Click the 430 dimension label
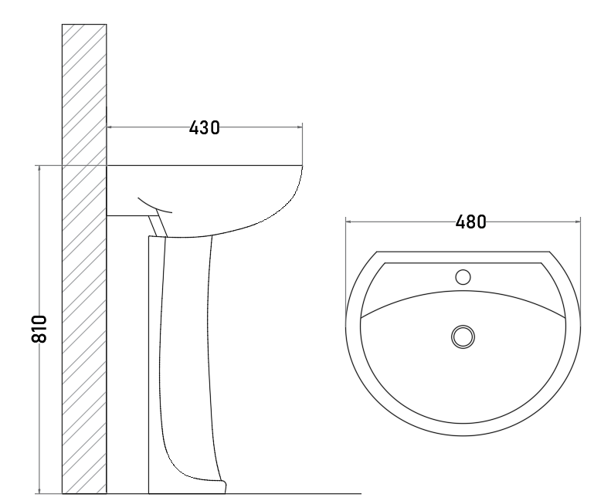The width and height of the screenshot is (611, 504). tap(204, 128)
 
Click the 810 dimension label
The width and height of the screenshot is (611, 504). tap(39, 329)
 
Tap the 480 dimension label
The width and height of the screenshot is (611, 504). tap(470, 222)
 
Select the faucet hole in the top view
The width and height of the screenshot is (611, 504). tap(463, 277)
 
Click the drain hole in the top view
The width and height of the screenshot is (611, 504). tap(463, 337)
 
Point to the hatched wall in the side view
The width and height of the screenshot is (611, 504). tap(84, 259)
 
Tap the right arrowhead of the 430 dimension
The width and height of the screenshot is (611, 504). tap(300, 127)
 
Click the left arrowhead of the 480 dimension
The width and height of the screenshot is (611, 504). tap(348, 222)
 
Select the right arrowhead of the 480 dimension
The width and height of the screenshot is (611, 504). tap(578, 222)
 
